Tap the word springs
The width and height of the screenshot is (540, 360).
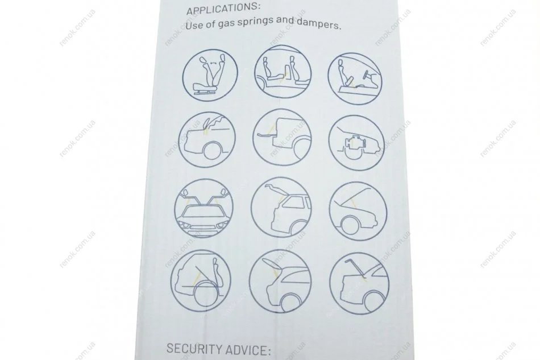(263, 22)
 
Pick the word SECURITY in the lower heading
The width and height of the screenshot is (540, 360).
(194, 349)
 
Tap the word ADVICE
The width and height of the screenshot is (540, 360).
(248, 350)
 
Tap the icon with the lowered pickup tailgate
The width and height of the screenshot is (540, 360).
(282, 136)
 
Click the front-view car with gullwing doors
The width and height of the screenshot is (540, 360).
(203, 208)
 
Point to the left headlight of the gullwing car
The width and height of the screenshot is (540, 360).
(185, 226)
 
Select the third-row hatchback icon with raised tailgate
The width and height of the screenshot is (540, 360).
(281, 208)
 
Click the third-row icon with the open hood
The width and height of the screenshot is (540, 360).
(358, 211)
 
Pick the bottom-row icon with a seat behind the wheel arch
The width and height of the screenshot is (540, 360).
(201, 280)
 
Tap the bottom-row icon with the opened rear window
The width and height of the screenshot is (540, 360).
(280, 281)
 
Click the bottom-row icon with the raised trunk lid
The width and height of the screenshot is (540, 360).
(359, 284)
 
